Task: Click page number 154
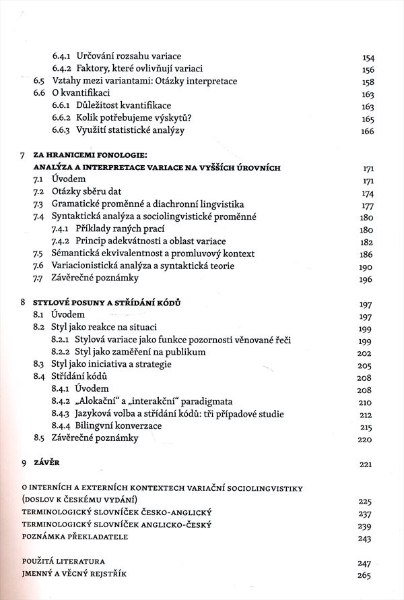[x=368, y=56]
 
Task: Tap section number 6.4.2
[x=63, y=69]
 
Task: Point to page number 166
[x=368, y=131]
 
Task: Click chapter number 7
[x=24, y=155]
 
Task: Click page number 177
[x=368, y=204]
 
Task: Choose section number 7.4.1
[x=63, y=229]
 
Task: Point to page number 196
[x=368, y=278]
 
